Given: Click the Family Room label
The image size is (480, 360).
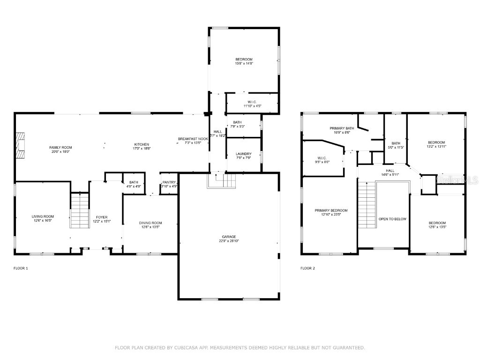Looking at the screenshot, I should (x=60, y=147).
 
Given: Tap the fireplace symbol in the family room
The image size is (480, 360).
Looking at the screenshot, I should (x=20, y=147).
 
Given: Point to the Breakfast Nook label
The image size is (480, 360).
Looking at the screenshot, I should (x=193, y=139).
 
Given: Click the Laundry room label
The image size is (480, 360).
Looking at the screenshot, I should (x=244, y=154).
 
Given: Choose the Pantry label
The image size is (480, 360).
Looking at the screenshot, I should (x=169, y=182).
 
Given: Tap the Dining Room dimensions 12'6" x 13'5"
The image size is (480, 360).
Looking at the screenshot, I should (x=150, y=227).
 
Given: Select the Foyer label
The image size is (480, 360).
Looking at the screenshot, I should (x=102, y=217).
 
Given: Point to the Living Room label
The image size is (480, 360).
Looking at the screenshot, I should (x=43, y=217).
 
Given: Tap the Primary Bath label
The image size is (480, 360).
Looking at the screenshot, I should (x=340, y=127).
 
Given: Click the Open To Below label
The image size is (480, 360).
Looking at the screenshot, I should (x=392, y=219).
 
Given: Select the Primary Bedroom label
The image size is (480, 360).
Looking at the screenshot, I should (x=331, y=210).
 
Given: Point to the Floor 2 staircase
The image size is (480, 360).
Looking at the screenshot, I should (x=367, y=205).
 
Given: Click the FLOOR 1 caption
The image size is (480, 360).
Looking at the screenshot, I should (x=21, y=269).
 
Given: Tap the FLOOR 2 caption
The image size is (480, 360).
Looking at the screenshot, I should (x=307, y=269).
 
